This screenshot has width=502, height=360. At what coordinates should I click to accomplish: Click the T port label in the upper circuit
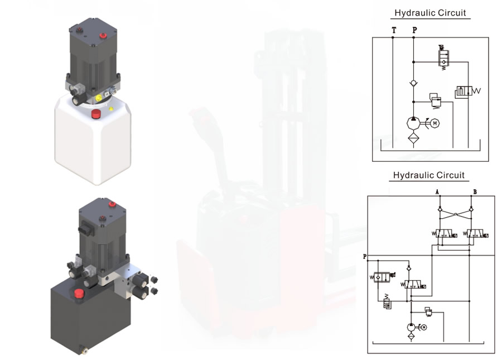click(394, 30)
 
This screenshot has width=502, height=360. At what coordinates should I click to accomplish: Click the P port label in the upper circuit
click(414, 30)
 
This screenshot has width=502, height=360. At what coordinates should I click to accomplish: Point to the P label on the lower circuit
click(365, 257)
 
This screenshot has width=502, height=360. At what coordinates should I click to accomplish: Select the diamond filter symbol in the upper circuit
click(413, 137)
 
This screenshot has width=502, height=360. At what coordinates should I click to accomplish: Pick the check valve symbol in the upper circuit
click(413, 83)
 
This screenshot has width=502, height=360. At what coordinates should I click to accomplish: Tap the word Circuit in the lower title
click(450, 175)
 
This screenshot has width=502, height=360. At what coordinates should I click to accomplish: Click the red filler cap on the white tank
click(97, 114)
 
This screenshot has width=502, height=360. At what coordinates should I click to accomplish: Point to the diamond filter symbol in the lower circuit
click(411, 336)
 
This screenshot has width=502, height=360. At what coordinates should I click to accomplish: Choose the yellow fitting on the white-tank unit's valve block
click(99, 97)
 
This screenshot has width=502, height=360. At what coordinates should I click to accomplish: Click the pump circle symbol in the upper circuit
click(413, 123)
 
